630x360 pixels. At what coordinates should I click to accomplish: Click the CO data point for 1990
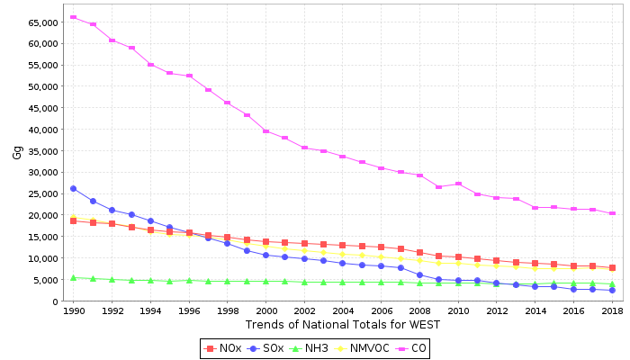click(73, 17)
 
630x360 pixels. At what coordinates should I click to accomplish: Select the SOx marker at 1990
click(73, 189)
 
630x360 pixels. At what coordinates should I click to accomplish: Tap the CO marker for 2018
click(612, 213)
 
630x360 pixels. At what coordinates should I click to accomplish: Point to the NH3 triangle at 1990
click(73, 277)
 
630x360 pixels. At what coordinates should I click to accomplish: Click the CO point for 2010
click(458, 184)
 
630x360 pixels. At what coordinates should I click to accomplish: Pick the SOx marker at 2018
click(612, 290)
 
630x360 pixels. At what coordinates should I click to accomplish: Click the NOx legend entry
click(224, 348)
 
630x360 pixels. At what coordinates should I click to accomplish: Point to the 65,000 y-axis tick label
click(43, 22)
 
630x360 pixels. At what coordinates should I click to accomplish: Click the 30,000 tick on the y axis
click(43, 172)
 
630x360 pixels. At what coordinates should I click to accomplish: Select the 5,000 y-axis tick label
click(47, 280)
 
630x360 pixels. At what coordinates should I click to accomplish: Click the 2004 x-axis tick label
click(343, 310)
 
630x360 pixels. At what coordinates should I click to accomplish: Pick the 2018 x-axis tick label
click(612, 310)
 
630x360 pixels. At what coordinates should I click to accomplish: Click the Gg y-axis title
click(17, 152)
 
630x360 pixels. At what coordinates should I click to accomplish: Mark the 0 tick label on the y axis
click(56, 301)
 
